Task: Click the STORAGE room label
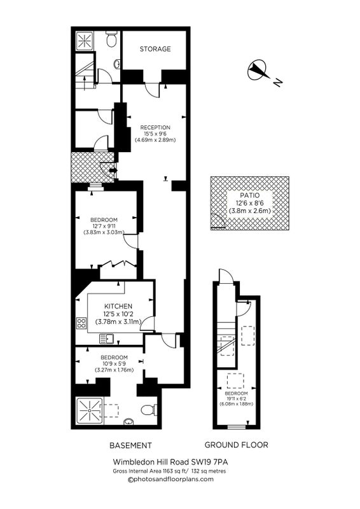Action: [x=155, y=49]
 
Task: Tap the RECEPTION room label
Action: [x=155, y=128]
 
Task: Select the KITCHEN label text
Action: [x=118, y=306]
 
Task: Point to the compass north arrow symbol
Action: [x=258, y=71]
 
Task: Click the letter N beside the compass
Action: [x=277, y=83]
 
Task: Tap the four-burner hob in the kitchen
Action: [x=81, y=323]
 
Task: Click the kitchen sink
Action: [x=106, y=339]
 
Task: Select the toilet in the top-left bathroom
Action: [x=112, y=39]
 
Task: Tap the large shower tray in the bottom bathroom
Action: [x=88, y=411]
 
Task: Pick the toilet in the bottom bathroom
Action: [x=149, y=410]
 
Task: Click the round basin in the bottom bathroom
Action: [x=129, y=421]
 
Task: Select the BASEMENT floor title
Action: [x=130, y=445]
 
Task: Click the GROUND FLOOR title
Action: [x=237, y=445]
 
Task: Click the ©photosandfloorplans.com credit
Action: [x=171, y=479]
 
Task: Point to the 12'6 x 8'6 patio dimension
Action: [x=249, y=203]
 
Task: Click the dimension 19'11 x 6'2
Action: [x=237, y=398]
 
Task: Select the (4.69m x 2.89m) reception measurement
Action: [x=155, y=140]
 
